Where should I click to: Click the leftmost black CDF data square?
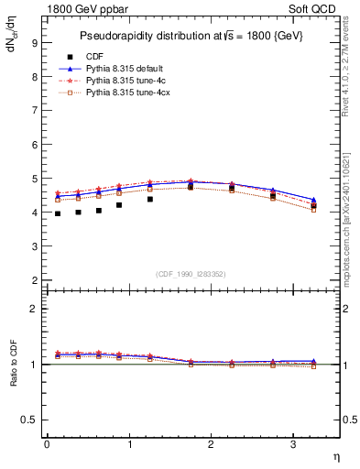(57, 213)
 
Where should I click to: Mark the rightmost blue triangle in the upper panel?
(314, 200)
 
